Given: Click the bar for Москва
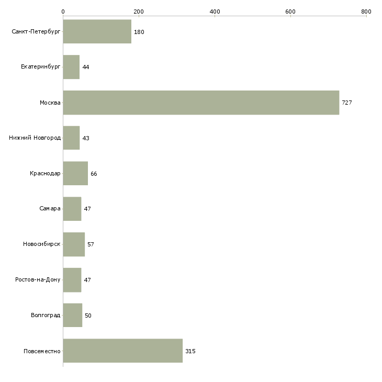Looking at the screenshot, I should pos(201,103).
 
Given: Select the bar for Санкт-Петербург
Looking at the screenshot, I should pos(97,32).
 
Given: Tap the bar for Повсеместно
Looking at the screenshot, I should pos(122,351).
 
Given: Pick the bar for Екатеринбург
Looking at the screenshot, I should pos(71,68).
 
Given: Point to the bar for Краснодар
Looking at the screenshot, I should pos(75,173).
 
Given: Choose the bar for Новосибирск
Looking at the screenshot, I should pos(74,244).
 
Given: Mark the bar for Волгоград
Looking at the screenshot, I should pos(72,316).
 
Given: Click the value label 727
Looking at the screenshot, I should pos(347,103).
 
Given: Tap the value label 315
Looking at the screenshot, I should pos(190,351).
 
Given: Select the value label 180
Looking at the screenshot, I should pos(139,32).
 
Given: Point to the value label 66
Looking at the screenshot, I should pos(94,174).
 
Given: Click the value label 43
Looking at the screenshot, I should pos(86,138).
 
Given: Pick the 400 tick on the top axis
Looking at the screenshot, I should pos(215,11).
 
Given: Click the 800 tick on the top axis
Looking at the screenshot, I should pos(366,11).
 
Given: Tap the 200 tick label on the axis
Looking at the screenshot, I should pos(139,11).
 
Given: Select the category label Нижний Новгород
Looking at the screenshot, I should pos(35,138).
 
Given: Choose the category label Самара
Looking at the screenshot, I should pos(50,209).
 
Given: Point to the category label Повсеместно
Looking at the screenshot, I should pos(42,351).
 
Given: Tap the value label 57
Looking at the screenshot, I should pos(91,244).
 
